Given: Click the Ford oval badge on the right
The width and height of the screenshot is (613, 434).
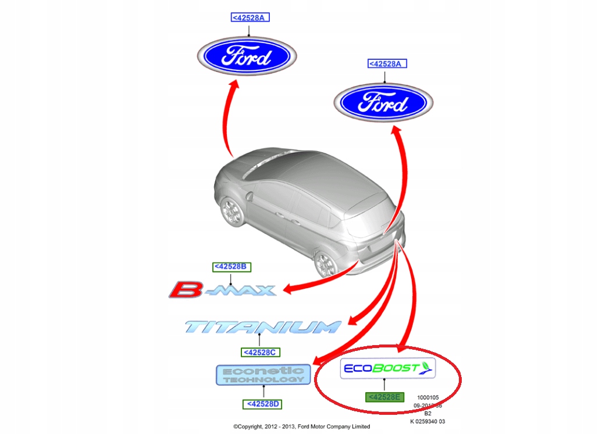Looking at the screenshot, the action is coord(383,104).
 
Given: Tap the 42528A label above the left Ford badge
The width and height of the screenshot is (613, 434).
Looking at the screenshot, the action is coord(250,17).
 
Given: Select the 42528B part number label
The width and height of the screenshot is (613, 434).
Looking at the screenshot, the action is coord(231,267).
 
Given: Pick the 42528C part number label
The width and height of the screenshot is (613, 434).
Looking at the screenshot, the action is coord(260,352).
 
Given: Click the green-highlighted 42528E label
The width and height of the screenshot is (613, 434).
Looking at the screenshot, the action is coord(384,397).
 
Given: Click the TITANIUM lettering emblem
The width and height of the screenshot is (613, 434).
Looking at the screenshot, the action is coord(262,327).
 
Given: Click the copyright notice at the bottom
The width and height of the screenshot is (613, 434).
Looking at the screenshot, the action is coord(301,426).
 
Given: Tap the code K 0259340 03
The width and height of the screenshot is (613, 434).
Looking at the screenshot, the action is coord(427,422).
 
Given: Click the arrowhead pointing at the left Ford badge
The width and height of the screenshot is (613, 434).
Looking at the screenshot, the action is coord(235,85).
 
